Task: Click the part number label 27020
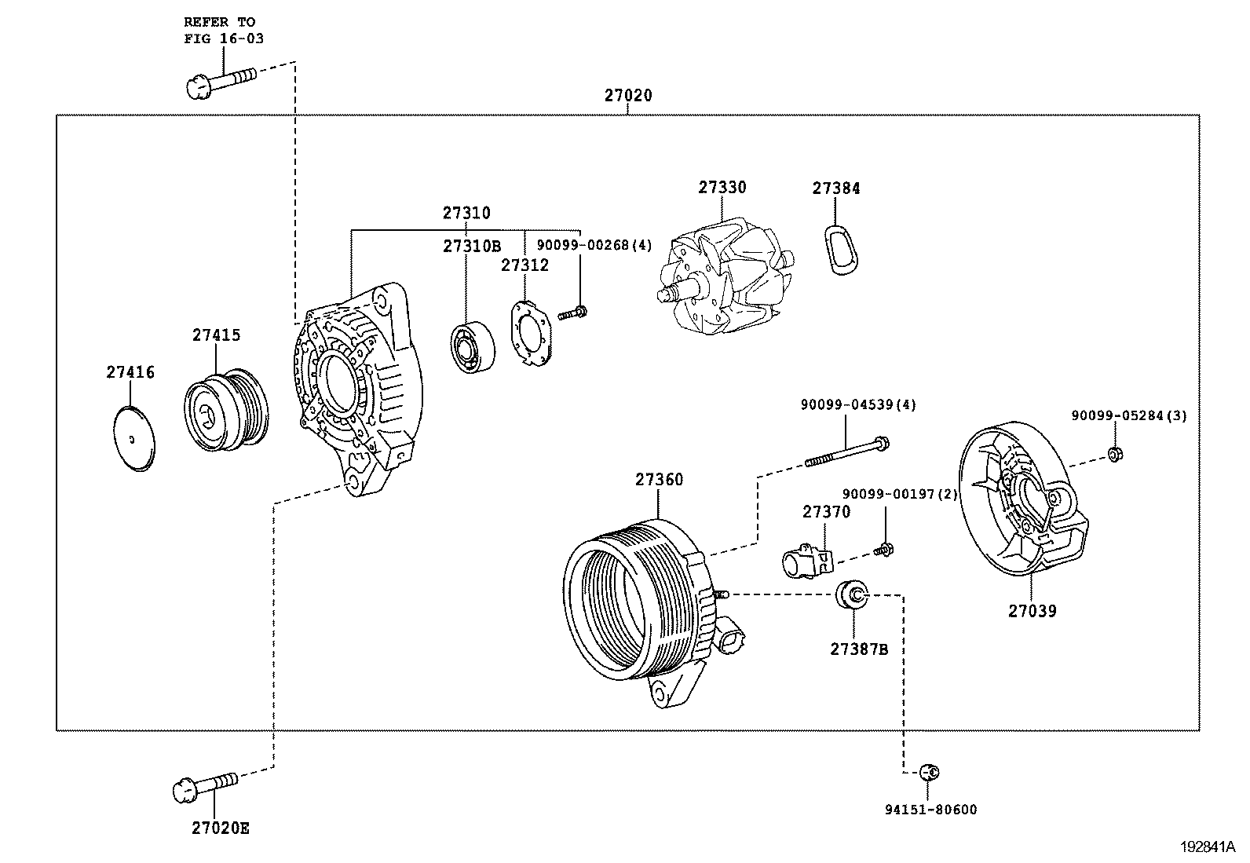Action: pos(627,96)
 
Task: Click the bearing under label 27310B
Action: pos(473,347)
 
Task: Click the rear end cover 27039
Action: pos(1022,503)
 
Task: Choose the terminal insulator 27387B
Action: pos(852,594)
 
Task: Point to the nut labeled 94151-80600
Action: pos(929,773)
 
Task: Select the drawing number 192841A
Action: pos(1207,847)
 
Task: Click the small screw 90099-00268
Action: pos(573,313)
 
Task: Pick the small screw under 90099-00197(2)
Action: pos(884,550)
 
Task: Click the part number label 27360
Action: pos(659,480)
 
